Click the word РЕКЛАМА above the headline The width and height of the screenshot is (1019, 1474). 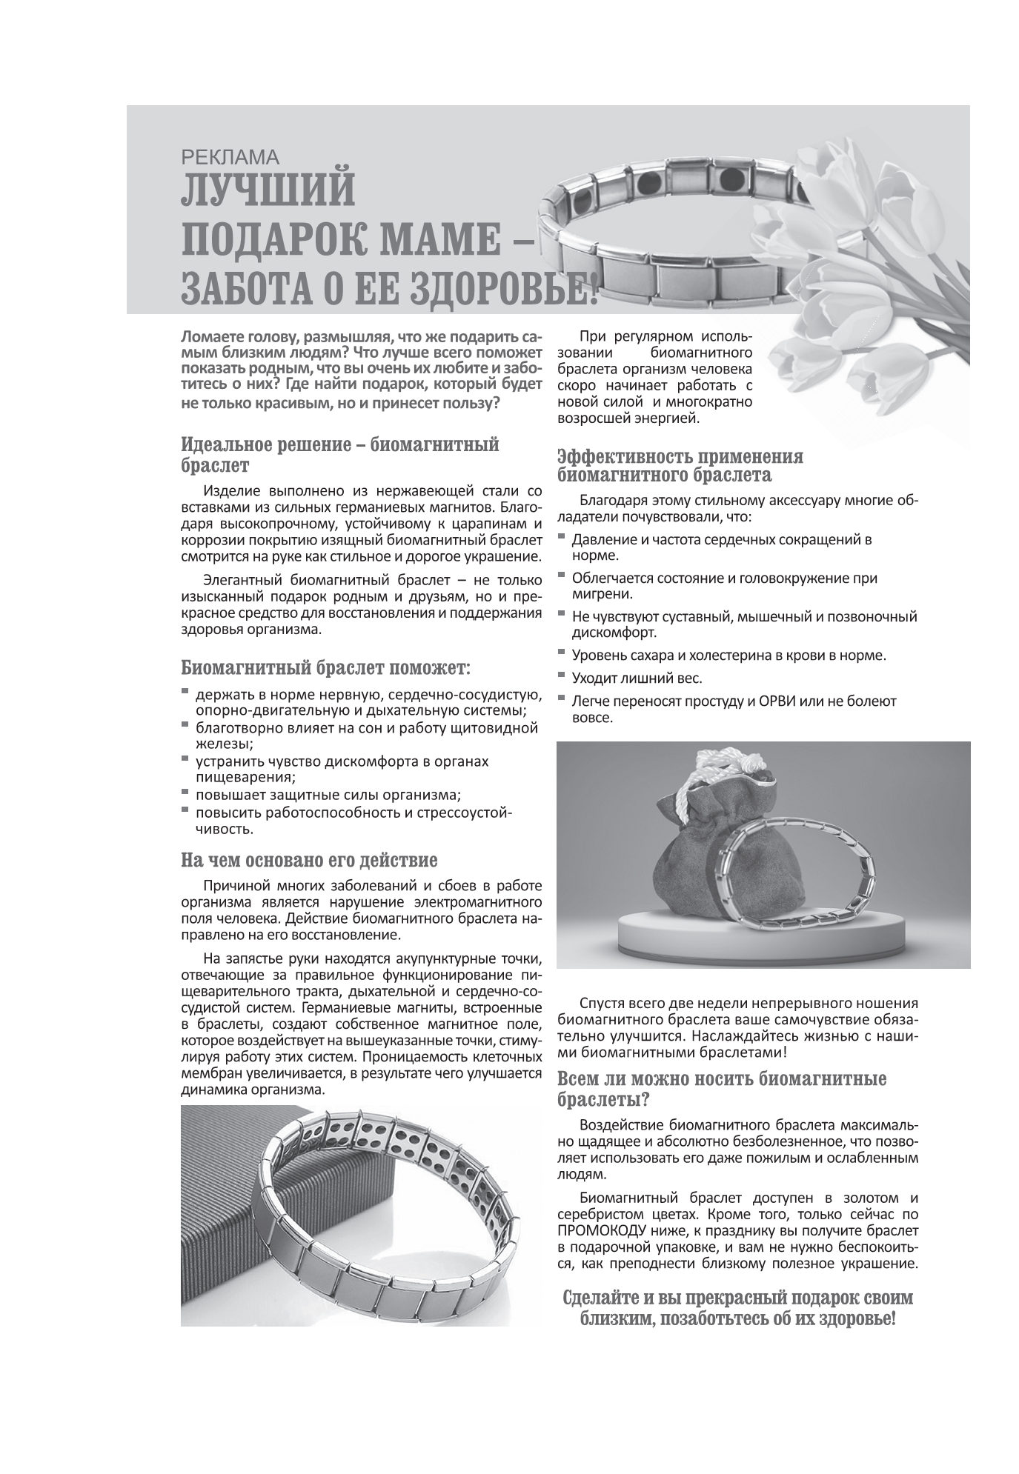coord(229,156)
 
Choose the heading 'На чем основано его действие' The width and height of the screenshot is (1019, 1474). coord(309,860)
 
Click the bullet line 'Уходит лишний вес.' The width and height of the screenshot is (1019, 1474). coord(637,678)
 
